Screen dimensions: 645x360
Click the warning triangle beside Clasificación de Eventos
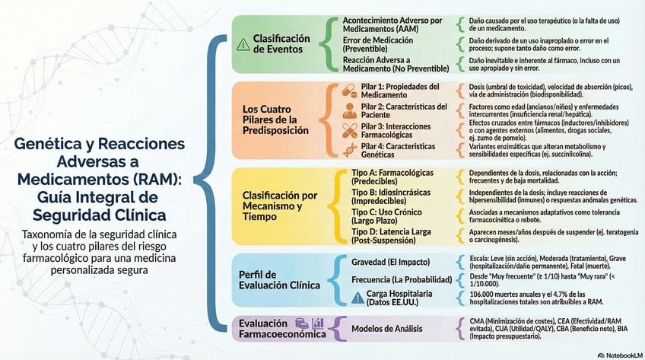[x=243, y=43]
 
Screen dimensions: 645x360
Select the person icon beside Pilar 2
[x=351, y=110]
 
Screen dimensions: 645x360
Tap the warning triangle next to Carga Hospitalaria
[x=357, y=298]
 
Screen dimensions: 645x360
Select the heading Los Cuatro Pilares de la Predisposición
[x=275, y=119]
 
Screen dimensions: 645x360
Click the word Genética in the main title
[x=54, y=144]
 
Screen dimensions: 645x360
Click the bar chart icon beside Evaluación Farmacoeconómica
[x=318, y=323]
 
